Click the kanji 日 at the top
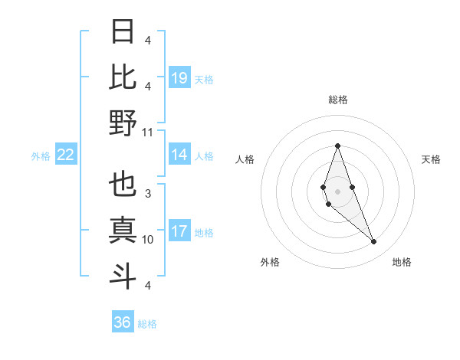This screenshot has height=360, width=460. (x=123, y=33)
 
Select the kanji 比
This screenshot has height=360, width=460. (x=123, y=77)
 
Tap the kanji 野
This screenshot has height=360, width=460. (x=123, y=123)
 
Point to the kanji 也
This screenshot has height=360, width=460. (x=123, y=185)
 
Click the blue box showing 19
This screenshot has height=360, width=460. (x=179, y=77)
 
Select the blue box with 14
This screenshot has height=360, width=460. (x=179, y=155)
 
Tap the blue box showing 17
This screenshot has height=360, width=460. (x=179, y=231)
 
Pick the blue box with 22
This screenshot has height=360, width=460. (x=66, y=155)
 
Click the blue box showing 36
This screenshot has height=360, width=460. (x=122, y=322)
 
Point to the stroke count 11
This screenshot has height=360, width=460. (x=148, y=132)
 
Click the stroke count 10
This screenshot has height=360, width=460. (x=148, y=240)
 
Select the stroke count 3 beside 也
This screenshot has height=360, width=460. (x=148, y=195)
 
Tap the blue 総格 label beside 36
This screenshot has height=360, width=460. (x=147, y=324)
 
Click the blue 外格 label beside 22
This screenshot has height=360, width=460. (x=41, y=156)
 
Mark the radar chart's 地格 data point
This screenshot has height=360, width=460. (x=373, y=242)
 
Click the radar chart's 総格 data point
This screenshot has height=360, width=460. (x=337, y=146)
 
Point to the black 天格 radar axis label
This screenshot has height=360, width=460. (x=432, y=159)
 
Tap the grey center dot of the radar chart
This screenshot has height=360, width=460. (x=337, y=191)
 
